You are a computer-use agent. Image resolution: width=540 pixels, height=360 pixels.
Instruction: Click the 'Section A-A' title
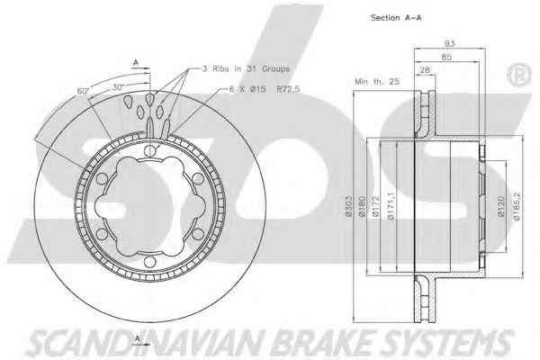[x=396, y=18]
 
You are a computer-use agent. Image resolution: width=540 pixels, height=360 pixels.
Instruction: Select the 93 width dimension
[x=449, y=43]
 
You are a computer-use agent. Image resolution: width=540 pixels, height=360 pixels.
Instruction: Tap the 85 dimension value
[x=446, y=57]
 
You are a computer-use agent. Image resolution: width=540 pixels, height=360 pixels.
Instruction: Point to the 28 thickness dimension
[x=425, y=69]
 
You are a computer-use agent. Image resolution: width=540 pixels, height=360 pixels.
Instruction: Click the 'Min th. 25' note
[x=377, y=82]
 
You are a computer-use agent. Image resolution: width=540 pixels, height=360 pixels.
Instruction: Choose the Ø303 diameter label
[x=348, y=206]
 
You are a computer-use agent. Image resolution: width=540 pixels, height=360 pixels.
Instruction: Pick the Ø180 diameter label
[x=362, y=206]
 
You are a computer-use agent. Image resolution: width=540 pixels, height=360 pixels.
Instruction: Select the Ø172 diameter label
[x=375, y=206]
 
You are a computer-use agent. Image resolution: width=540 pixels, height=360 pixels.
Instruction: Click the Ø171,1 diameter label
[x=391, y=206]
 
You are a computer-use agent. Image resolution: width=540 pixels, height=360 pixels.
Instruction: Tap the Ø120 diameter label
[x=501, y=206]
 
